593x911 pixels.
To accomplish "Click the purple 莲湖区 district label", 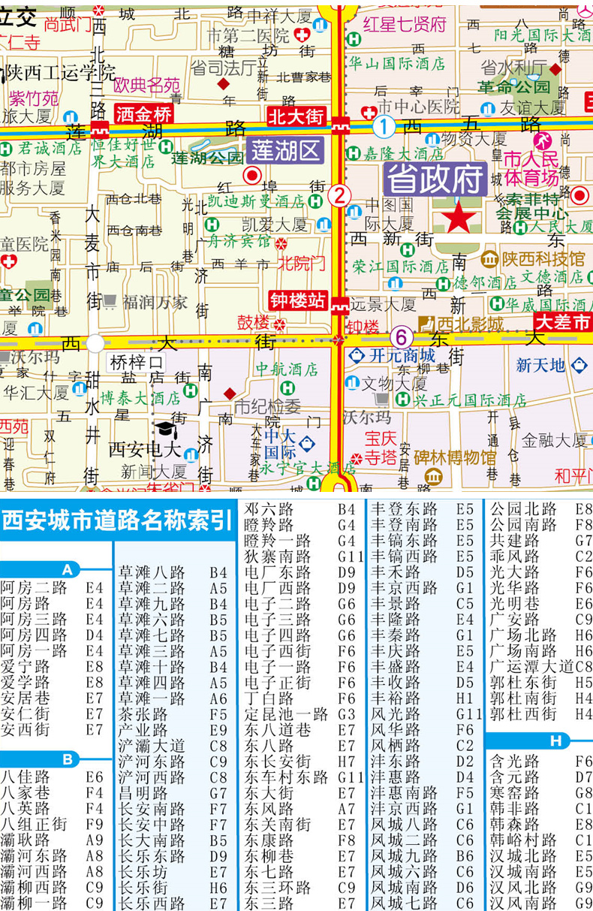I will (286, 151).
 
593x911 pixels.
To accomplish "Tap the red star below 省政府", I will (459, 218).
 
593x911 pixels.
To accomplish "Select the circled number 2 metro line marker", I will (339, 196).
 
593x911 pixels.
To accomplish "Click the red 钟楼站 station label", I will (299, 301).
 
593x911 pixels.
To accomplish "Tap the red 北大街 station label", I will (296, 116).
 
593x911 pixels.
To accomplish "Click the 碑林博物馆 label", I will (456, 457).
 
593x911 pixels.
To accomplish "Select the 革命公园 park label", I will (516, 88).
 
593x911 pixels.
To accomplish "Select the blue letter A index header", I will (68, 569).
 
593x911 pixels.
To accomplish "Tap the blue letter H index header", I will (555, 741).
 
